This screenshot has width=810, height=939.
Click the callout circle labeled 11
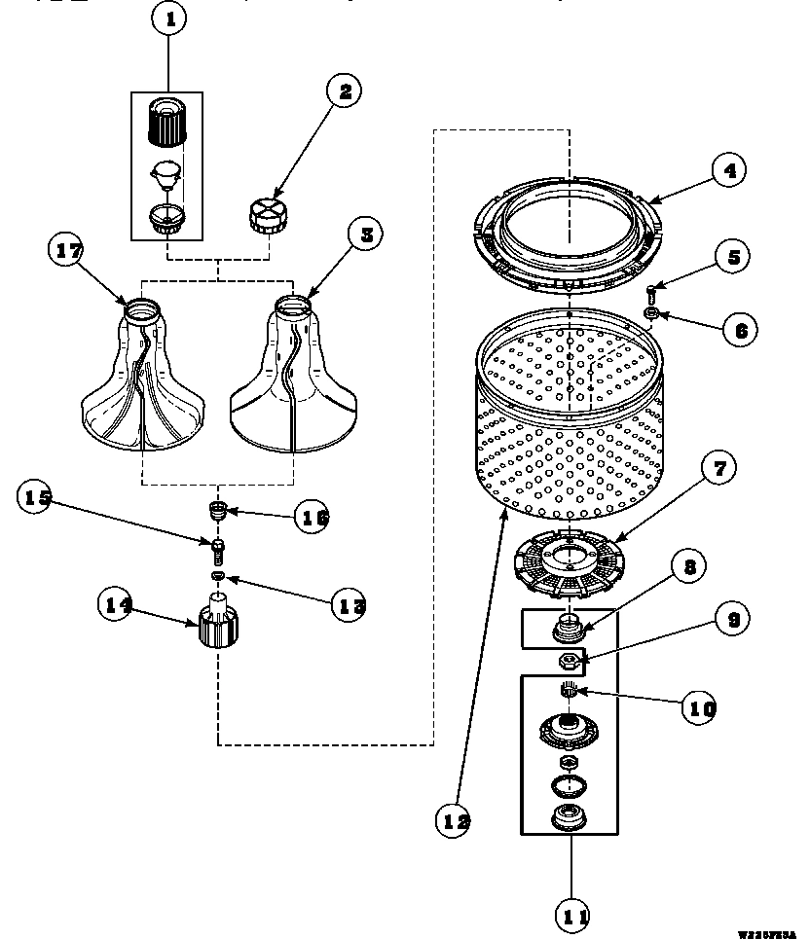click(572, 915)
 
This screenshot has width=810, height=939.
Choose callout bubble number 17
click(67, 249)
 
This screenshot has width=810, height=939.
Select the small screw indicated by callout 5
click(652, 288)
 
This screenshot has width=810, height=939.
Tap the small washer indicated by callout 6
click(652, 313)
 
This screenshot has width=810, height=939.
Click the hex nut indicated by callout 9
click(568, 663)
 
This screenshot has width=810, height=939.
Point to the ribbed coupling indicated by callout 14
click(217, 626)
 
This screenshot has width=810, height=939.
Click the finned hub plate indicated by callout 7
click(567, 567)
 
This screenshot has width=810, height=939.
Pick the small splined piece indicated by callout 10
click(569, 692)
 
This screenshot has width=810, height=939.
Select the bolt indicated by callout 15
click(218, 551)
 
